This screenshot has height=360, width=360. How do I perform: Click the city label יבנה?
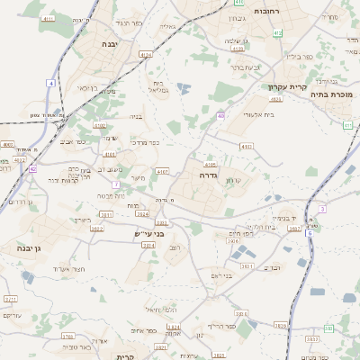point(110,43)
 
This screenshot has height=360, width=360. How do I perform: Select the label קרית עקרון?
point(287,87)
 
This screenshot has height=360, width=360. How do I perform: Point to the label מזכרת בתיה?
point(332,94)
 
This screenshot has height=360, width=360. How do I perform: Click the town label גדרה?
point(208,176)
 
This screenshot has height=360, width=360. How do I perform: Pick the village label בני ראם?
point(218,274)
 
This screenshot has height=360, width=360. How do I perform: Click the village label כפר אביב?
point(73,142)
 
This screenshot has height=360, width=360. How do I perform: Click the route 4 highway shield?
point(51,84)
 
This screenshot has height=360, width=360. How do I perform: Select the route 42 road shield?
point(32,168)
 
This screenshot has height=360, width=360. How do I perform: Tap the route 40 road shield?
point(220,115)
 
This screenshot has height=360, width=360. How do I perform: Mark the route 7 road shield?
point(115,184)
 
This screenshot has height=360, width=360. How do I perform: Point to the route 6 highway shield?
point(309,232)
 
